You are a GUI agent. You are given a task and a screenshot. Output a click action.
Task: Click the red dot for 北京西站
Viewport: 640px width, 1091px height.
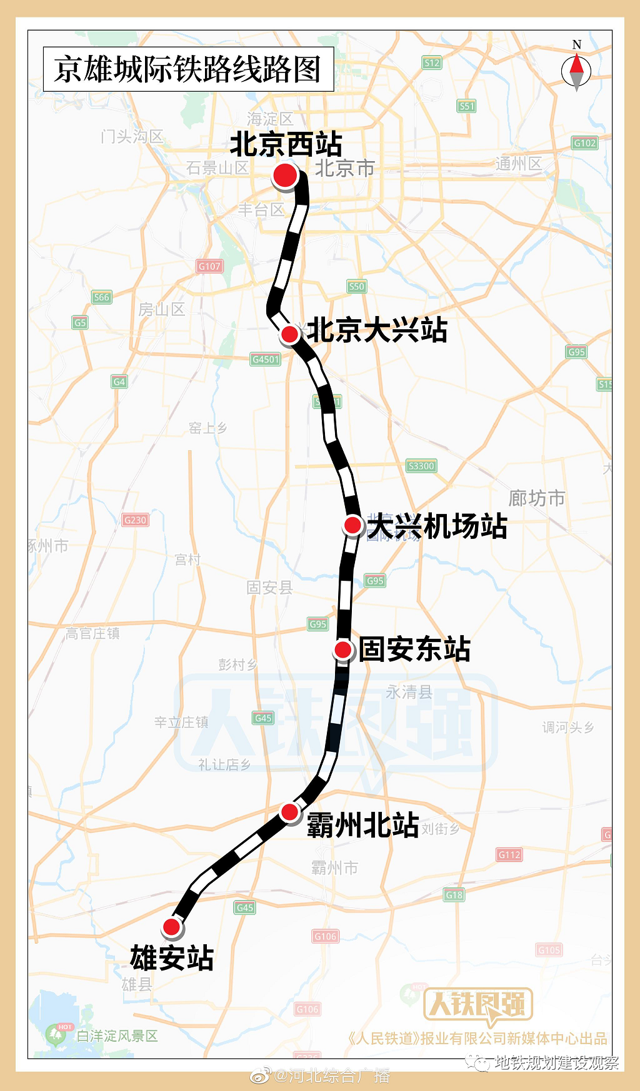[x=284, y=176]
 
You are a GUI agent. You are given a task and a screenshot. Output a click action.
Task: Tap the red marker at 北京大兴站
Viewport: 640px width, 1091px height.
[x=289, y=334]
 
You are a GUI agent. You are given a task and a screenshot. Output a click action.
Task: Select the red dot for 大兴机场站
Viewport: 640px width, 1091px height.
[x=352, y=525]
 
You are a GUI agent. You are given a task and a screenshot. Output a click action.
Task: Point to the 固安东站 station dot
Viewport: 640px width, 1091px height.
[x=342, y=649]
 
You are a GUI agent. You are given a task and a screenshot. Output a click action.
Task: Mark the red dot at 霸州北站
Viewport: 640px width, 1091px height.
[x=289, y=812]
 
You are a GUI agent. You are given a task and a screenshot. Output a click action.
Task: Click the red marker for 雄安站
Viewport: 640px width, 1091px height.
[x=171, y=927]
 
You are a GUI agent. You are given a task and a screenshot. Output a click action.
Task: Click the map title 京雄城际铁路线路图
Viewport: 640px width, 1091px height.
[x=187, y=69]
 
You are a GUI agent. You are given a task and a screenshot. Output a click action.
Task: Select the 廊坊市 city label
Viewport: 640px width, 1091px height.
[x=536, y=498]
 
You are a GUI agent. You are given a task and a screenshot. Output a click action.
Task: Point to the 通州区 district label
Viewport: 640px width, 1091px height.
[x=518, y=164]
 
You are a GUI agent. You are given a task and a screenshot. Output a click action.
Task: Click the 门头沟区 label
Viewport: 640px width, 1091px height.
[x=132, y=136]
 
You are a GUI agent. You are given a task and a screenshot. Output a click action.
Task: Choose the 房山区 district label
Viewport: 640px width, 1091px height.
[x=161, y=309]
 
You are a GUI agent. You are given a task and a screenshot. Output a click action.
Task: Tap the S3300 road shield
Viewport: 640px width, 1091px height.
[x=421, y=466]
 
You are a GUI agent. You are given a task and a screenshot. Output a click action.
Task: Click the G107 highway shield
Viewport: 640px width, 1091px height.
[x=209, y=266]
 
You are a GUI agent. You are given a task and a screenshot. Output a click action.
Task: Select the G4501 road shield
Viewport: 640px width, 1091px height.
[x=266, y=359]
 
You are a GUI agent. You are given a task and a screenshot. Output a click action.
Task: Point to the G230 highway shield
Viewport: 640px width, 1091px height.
[x=135, y=520]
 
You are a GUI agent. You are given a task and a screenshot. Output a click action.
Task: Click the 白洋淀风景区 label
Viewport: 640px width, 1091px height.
[x=117, y=1036]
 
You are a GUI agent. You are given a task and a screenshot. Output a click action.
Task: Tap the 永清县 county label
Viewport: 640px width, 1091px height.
[x=409, y=692]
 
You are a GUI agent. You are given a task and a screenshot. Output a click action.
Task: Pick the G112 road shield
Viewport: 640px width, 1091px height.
[x=509, y=854]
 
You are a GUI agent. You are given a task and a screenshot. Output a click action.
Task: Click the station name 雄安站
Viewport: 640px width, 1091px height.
[x=172, y=958]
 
